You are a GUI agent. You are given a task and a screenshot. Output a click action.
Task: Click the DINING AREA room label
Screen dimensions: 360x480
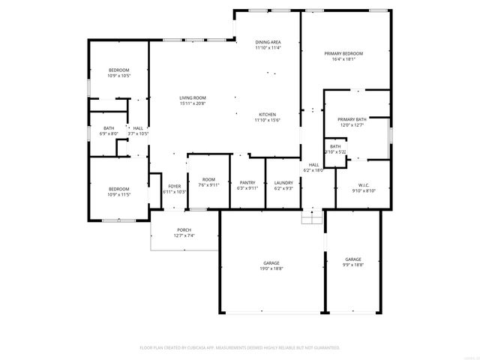(268, 42)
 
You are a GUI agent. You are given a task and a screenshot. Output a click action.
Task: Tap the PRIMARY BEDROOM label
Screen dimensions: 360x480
(343, 54)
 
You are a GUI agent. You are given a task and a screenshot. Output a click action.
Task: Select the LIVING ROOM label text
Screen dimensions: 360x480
(193, 98)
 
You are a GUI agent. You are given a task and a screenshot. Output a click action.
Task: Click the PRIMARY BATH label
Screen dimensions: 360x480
(352, 119)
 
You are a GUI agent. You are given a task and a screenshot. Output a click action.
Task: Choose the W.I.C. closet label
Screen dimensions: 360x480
(364, 185)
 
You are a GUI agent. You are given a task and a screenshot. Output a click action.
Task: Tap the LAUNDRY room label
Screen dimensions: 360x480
(283, 182)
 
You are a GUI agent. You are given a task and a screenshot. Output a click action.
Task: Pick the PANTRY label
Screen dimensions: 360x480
(247, 182)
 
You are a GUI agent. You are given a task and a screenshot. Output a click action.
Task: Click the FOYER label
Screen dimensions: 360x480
(174, 186)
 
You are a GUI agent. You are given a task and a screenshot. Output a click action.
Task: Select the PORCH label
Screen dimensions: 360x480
(184, 230)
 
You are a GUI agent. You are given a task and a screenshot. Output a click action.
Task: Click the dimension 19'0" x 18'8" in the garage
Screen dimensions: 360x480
(271, 268)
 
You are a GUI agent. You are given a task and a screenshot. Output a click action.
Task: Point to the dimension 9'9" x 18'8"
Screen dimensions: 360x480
(353, 264)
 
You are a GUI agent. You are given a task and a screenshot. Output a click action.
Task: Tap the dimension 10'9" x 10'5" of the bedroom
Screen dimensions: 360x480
(119, 76)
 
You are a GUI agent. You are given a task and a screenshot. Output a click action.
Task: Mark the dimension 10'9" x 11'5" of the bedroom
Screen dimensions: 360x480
(119, 194)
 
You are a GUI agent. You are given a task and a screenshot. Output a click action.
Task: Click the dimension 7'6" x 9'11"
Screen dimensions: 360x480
(208, 184)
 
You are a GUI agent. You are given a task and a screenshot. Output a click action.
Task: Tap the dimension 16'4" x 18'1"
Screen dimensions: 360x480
(343, 59)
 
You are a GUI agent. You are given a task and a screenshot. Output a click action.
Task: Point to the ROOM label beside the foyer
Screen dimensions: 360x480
(208, 179)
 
